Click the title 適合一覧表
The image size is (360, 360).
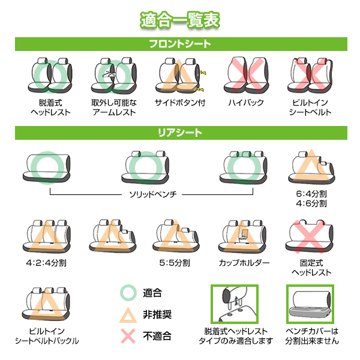pos(180,20)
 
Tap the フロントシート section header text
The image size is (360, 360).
pos(180,44)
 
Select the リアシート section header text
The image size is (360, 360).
pos(180,133)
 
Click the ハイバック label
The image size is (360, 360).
pos(246,103)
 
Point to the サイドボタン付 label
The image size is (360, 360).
pos(180,103)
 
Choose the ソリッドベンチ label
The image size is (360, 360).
pos(152,194)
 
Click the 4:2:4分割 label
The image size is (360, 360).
pos(46,263)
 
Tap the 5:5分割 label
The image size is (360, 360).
pos(175,263)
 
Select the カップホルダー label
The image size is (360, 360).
pos(244,263)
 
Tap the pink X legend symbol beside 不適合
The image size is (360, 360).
pos(128,336)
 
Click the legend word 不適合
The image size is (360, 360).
pos(157,336)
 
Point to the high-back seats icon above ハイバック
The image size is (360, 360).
pos(246,76)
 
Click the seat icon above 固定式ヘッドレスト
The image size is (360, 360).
pos(309,237)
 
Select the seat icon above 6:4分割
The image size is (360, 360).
pos(311,167)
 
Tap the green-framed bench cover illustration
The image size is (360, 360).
pos(310,304)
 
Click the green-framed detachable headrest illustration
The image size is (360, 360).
pos(235,304)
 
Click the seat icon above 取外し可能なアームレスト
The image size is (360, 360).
pos(114,76)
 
